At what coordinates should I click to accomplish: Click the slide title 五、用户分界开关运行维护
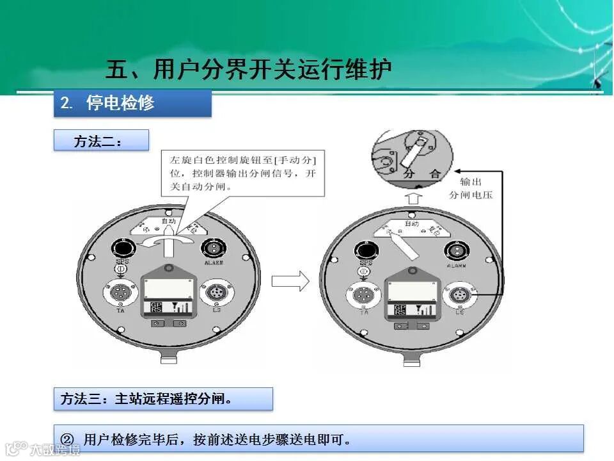click(x=248, y=69)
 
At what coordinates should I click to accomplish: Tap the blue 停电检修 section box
click(x=132, y=103)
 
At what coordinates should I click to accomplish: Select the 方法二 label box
click(x=101, y=141)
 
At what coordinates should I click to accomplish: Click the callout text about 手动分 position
click(x=243, y=172)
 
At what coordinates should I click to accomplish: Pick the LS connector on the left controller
click(x=216, y=294)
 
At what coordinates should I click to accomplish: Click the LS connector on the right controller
click(x=459, y=296)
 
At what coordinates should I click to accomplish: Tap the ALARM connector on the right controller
click(x=457, y=248)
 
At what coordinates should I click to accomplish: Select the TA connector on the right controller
click(x=363, y=296)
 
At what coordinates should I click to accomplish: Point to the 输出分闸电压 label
click(x=471, y=188)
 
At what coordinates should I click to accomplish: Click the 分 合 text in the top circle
click(x=422, y=174)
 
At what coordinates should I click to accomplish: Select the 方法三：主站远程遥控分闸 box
click(x=163, y=399)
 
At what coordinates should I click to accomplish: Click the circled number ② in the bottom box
click(x=68, y=439)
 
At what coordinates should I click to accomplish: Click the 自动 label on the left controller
click(x=168, y=221)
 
